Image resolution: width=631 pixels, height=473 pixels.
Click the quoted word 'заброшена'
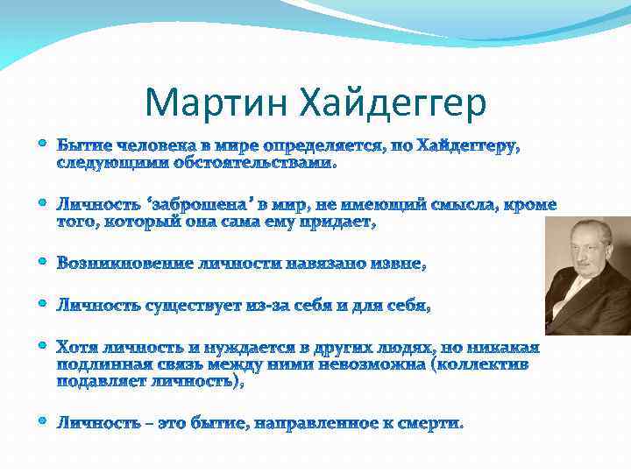point(198,204)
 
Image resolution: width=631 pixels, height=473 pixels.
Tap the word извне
point(397,264)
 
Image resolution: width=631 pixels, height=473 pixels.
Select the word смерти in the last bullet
point(430,423)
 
